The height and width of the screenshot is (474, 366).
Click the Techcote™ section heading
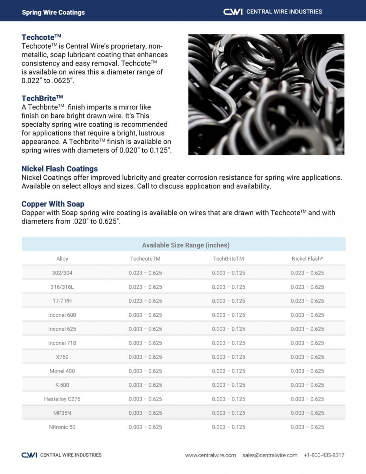41,38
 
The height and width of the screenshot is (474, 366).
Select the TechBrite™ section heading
42,98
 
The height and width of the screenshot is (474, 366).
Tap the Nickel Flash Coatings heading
60,169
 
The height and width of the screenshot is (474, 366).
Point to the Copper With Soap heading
53,204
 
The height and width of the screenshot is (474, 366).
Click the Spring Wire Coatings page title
53,12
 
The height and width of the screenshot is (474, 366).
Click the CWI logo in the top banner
233,12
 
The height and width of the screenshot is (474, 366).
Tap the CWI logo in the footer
30,455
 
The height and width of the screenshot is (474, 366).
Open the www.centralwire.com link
211,455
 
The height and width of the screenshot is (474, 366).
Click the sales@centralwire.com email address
270,455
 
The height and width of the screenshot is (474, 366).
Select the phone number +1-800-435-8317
324,455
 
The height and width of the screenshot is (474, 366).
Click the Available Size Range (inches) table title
186,245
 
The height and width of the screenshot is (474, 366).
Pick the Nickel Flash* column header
307,259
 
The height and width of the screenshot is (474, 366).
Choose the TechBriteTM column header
228,259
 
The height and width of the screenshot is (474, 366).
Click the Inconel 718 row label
62,343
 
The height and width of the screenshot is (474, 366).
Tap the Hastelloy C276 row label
62,399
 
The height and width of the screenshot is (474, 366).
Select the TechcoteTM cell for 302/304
145,273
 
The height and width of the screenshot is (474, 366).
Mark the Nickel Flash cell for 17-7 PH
307,301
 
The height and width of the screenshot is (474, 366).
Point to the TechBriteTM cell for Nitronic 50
228,427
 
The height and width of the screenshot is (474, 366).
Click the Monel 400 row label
62,371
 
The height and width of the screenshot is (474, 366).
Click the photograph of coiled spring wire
266,94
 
